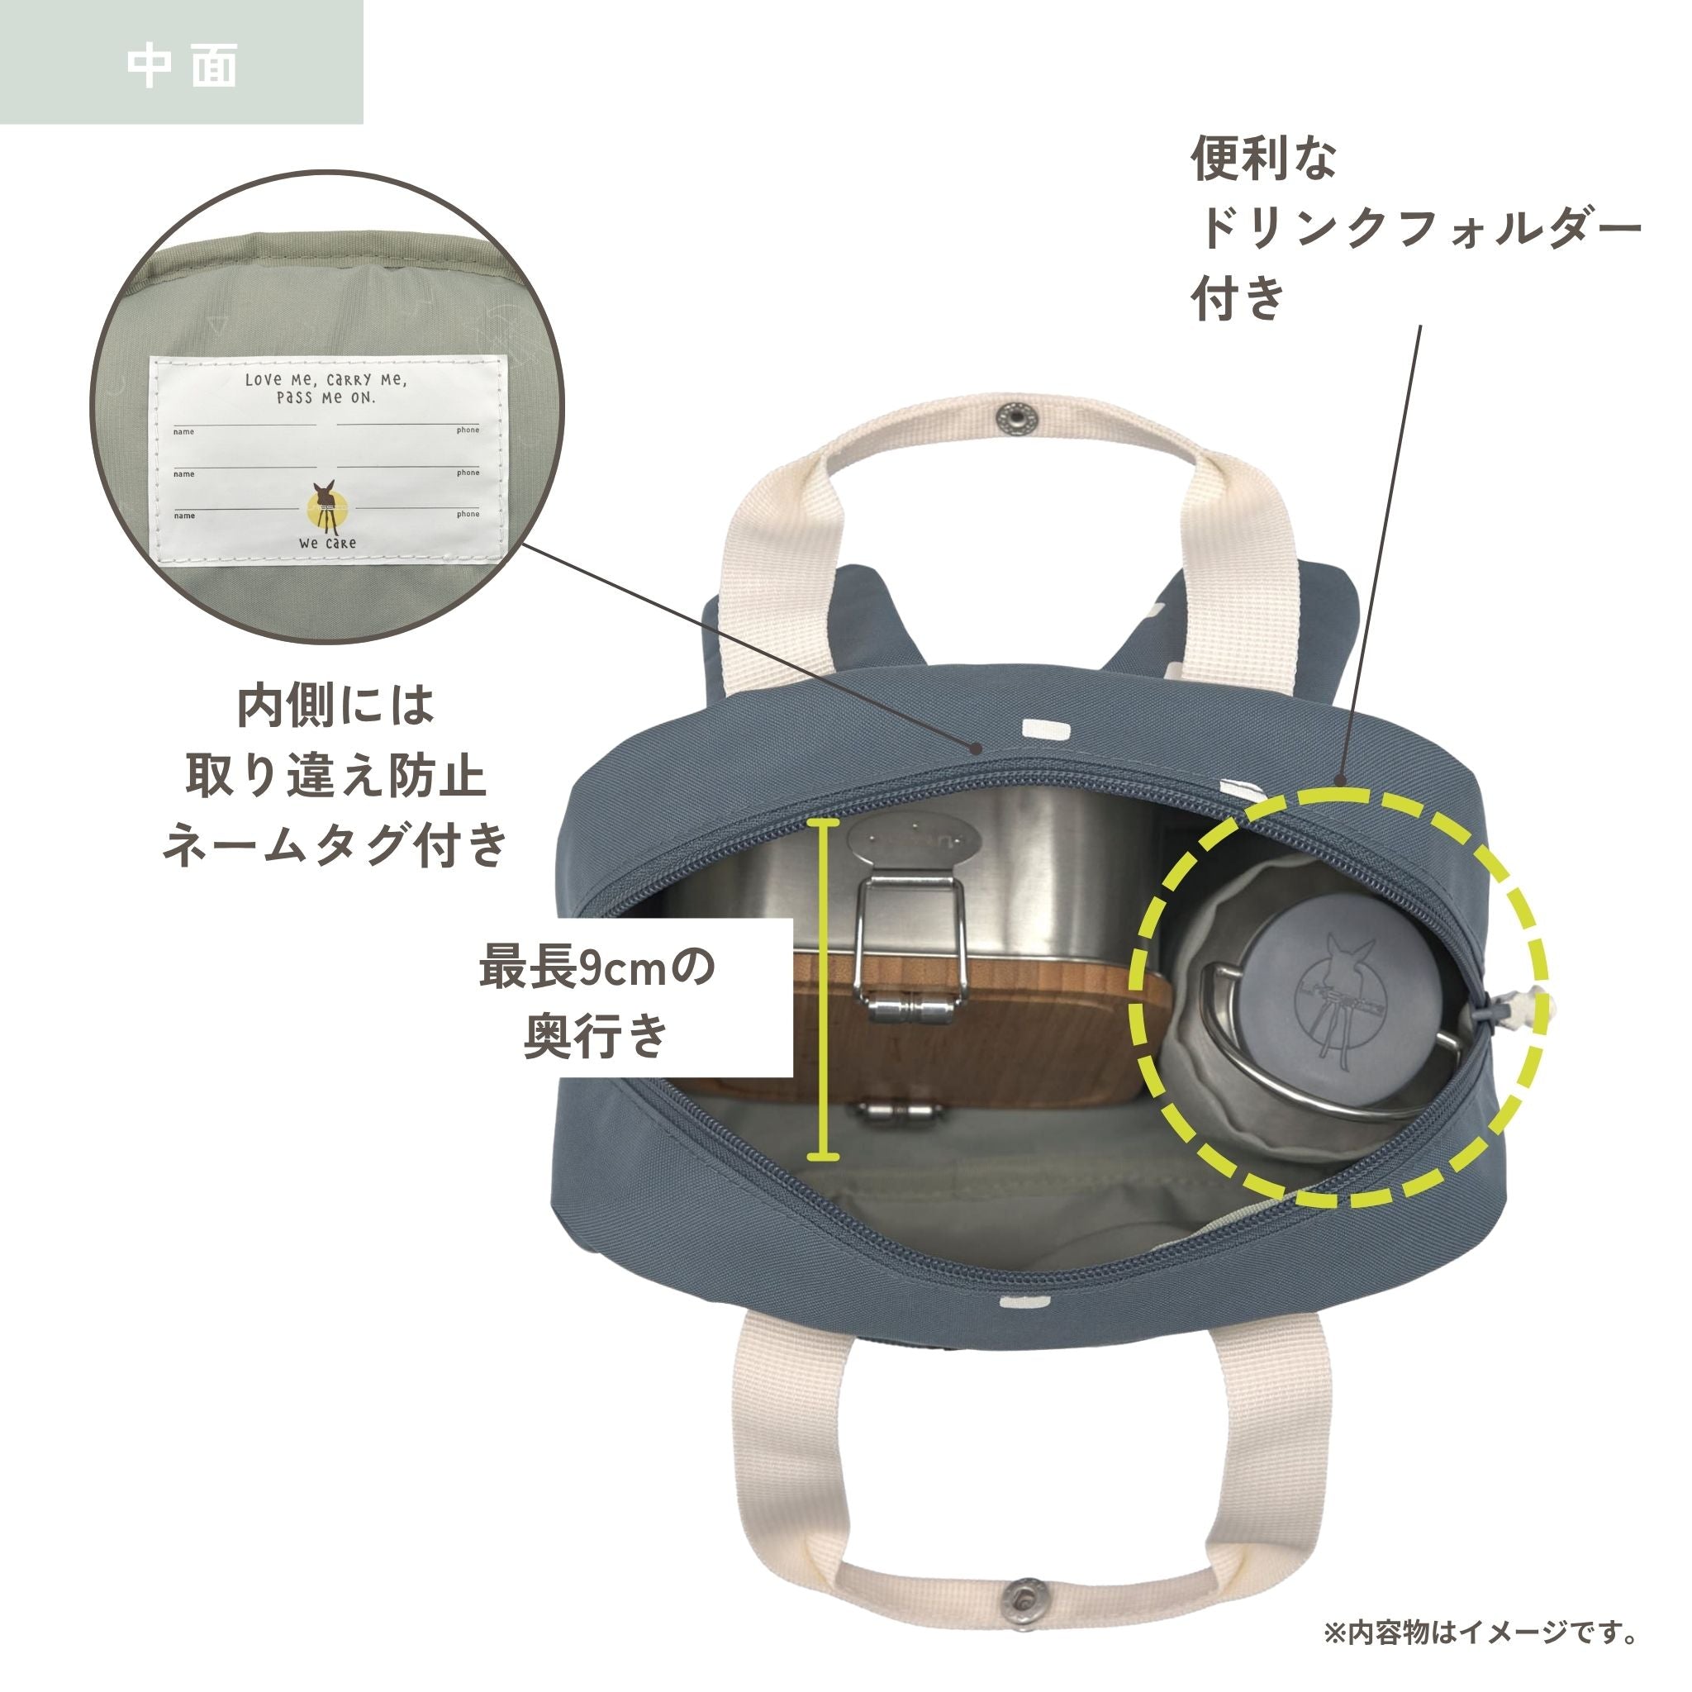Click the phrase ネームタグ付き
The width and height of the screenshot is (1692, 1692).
pos(335,845)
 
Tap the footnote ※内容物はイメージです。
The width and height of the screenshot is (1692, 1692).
pos(1481,1632)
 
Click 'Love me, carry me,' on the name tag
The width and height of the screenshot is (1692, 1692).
pos(326,379)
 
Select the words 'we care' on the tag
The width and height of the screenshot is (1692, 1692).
pos(327,543)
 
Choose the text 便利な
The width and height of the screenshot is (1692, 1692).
pos(1264,159)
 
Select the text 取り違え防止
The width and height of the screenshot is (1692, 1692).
pos(335,775)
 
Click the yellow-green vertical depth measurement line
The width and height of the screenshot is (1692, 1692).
pos(822,990)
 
